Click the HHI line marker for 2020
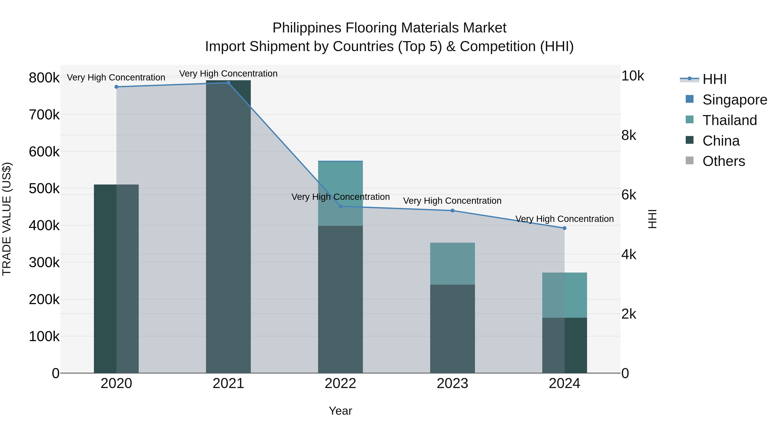(116, 87)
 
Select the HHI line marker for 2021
(228, 83)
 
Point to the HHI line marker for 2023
(452, 211)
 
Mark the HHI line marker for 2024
(564, 228)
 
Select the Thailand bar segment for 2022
(340, 193)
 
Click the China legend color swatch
(689, 140)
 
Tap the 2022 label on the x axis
(340, 383)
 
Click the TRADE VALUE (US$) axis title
(7, 219)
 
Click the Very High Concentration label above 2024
(564, 219)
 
